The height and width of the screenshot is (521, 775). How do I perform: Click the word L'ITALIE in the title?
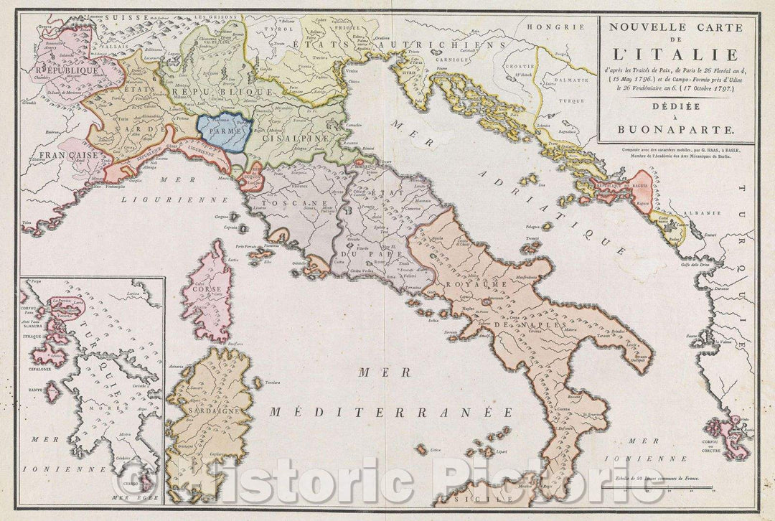(677, 54)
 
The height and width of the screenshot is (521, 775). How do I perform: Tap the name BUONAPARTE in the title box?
(677, 131)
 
